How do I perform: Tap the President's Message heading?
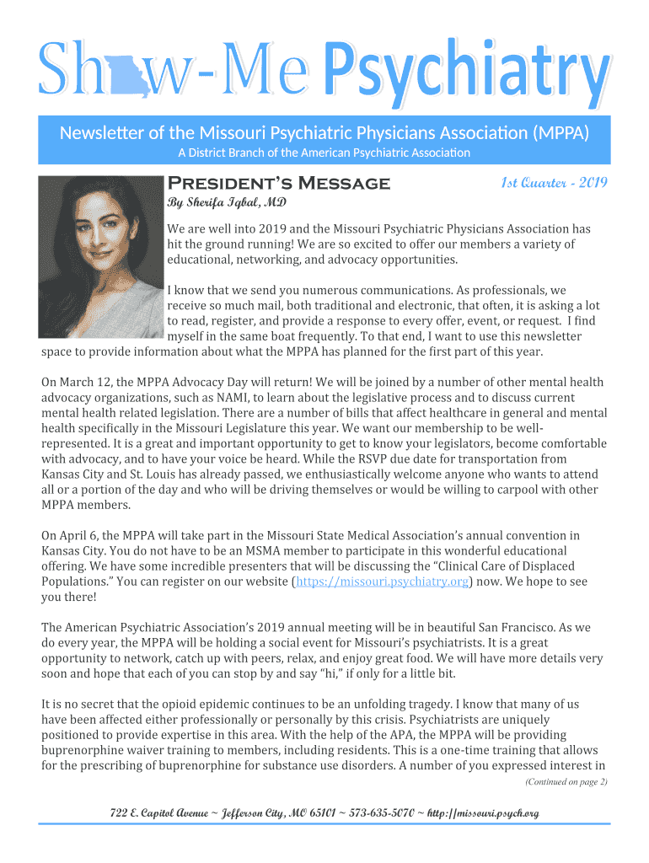279,184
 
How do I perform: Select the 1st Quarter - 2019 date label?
555,183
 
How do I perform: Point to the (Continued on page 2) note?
566,781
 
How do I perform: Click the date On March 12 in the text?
81,382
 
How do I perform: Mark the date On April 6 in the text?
76,536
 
